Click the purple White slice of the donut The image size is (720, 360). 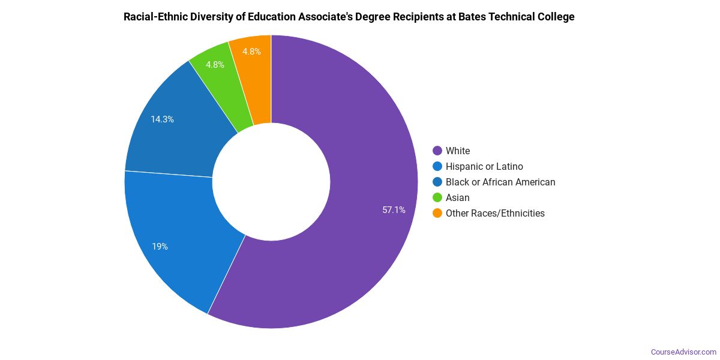click(360, 180)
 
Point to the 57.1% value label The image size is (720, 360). click(394, 210)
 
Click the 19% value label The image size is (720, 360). click(160, 247)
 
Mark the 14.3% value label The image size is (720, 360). click(162, 119)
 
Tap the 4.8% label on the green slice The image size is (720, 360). click(215, 65)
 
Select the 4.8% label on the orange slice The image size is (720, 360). click(251, 52)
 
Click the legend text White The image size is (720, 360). click(458, 151)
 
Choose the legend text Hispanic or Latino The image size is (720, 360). click(484, 167)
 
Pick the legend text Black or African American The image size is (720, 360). click(500, 182)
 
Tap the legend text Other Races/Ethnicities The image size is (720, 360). click(495, 214)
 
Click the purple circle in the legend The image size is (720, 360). click(437, 151)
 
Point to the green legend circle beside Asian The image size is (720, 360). click(437, 198)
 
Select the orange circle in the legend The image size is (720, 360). click(437, 214)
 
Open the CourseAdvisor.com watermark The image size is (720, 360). click(683, 352)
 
